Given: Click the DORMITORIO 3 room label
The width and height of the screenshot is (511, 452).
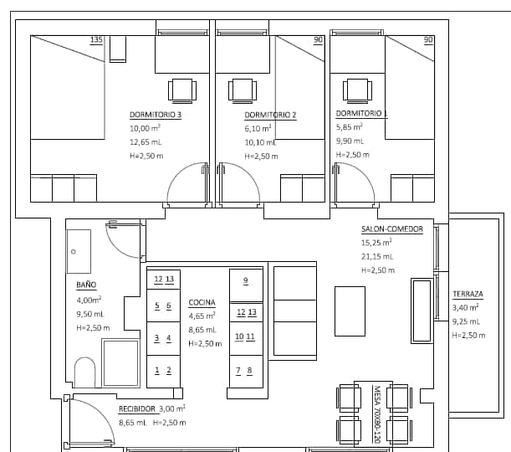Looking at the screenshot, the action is click(x=156, y=115).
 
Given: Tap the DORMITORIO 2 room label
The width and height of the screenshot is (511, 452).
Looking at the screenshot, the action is click(x=270, y=116).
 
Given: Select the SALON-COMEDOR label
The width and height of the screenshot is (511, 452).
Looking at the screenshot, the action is click(x=392, y=229).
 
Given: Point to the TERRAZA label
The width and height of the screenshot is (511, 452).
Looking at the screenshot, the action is click(x=468, y=294).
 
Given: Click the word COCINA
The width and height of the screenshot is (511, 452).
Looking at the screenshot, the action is click(x=202, y=303).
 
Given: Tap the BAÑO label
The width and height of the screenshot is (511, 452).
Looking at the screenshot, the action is click(x=86, y=285).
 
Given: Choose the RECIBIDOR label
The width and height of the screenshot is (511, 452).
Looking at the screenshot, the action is click(x=137, y=409).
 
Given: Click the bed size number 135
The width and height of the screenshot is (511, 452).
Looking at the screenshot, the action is click(x=96, y=40).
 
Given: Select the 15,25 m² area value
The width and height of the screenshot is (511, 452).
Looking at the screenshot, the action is click(x=376, y=243).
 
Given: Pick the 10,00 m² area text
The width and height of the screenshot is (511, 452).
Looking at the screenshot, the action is click(x=145, y=128).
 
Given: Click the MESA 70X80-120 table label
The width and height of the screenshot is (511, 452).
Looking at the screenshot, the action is click(x=376, y=414).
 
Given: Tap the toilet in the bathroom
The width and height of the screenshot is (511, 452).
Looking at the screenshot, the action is click(x=84, y=372).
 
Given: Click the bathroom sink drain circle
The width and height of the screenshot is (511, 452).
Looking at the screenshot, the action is click(x=74, y=251).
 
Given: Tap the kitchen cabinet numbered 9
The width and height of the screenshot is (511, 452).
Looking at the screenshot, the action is click(x=246, y=285).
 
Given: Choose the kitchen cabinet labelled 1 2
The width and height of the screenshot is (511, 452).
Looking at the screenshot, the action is click(x=163, y=372).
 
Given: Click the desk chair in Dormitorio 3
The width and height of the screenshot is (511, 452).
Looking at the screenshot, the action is click(x=182, y=90).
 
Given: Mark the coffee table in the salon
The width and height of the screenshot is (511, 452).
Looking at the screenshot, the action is click(x=350, y=311).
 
